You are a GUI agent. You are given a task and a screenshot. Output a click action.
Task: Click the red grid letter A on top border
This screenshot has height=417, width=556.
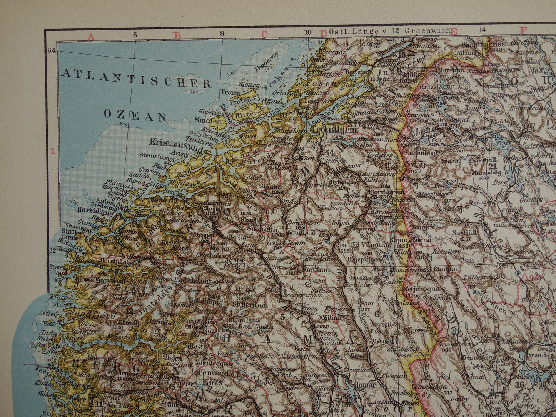(91, 37)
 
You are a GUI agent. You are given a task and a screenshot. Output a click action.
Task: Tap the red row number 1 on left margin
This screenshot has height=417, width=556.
(53, 151)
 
